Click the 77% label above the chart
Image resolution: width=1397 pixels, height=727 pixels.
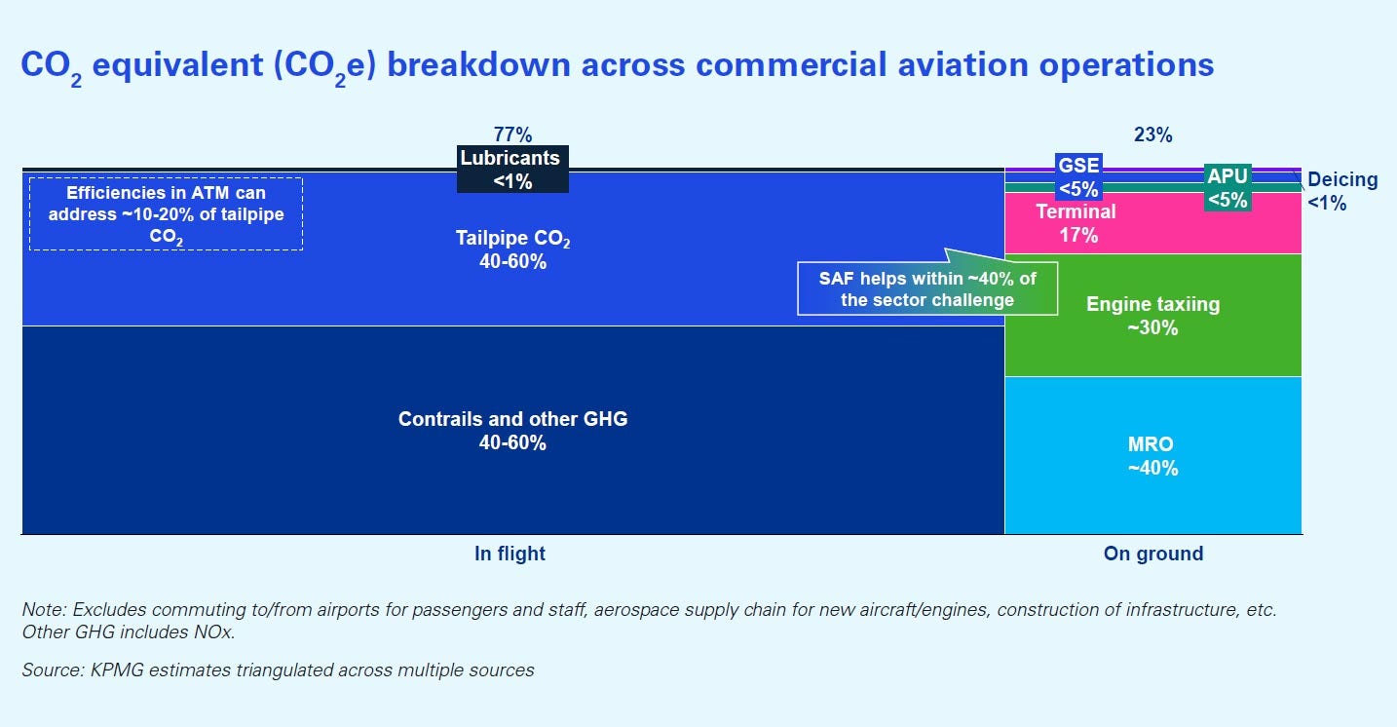pyautogui.click(x=512, y=134)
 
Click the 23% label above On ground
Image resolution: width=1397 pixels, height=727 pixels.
pyautogui.click(x=1152, y=134)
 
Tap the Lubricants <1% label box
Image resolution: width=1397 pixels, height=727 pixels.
pyautogui.click(x=511, y=169)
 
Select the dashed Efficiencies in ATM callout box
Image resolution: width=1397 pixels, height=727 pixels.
pyautogui.click(x=166, y=213)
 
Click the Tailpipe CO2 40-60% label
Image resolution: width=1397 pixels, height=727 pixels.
pyautogui.click(x=512, y=249)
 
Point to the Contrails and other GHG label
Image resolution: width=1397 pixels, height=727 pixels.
pyautogui.click(x=512, y=431)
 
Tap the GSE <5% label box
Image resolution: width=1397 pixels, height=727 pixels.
pyautogui.click(x=1078, y=176)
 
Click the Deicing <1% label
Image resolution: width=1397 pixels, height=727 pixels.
pyautogui.click(x=1341, y=191)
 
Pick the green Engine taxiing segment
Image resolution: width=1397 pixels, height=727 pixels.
pyautogui.click(x=1152, y=316)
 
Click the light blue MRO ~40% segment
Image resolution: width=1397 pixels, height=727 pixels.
pyautogui.click(x=1152, y=456)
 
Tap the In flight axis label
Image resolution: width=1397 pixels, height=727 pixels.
pyautogui.click(x=510, y=554)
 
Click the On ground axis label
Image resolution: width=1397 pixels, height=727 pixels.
pyautogui.click(x=1152, y=554)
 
